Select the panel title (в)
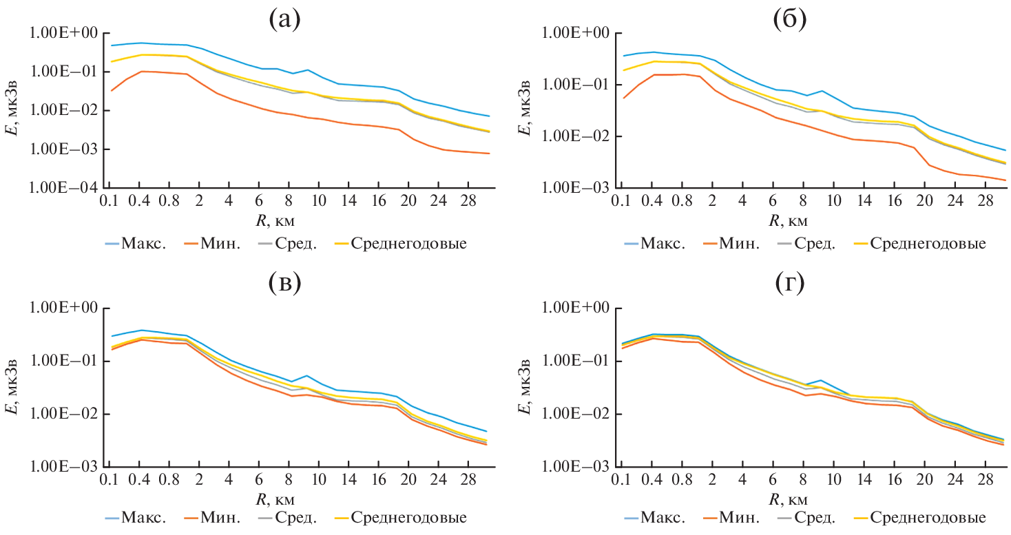pyautogui.click(x=284, y=284)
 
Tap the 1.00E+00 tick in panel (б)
pyautogui.click(x=582, y=32)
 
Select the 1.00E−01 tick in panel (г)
pyautogui.click(x=582, y=361)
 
